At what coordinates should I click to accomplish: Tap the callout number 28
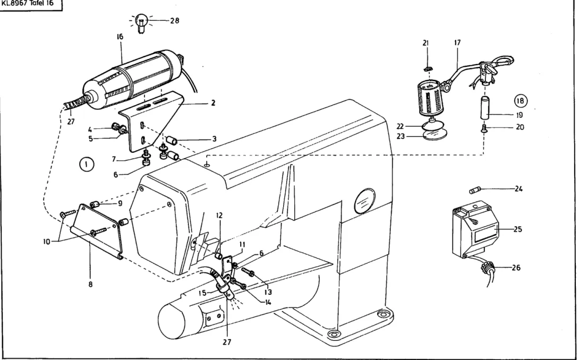click(x=175, y=21)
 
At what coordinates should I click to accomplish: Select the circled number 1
click(x=87, y=164)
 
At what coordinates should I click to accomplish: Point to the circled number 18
click(x=520, y=101)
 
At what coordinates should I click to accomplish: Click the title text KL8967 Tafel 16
click(x=28, y=4)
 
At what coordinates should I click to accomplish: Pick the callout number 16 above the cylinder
click(x=120, y=37)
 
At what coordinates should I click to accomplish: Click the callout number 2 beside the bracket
click(x=213, y=103)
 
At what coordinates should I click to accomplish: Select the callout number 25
click(x=518, y=229)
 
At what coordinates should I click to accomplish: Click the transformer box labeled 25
click(x=475, y=230)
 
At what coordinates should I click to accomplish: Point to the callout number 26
click(x=516, y=267)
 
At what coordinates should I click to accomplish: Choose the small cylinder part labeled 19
click(x=485, y=107)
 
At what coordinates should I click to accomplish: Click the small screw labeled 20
click(x=484, y=129)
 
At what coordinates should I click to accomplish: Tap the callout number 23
click(x=401, y=136)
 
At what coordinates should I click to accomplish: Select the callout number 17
click(x=457, y=42)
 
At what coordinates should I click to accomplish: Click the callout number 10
click(x=47, y=242)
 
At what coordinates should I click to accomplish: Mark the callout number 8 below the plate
click(x=90, y=284)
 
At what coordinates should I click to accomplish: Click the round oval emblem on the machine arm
click(x=364, y=201)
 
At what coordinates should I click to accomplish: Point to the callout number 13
click(x=268, y=292)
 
